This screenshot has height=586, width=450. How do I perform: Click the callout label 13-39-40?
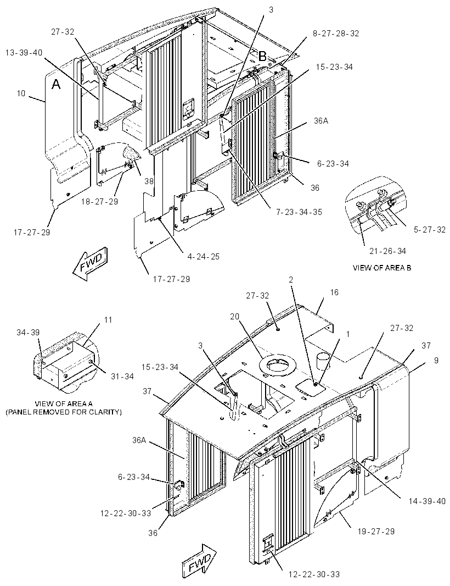coord(24,53)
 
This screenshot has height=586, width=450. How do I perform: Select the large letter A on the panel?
coord(55,85)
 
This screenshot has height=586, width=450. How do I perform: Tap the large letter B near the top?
coord(263,57)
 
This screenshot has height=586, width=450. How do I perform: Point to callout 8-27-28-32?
coord(335,34)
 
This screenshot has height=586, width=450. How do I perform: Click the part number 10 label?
coord(21,93)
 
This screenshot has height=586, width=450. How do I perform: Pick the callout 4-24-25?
coord(203,256)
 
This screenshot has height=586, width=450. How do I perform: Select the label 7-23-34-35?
coord(299,212)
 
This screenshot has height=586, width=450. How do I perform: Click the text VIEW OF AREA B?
coord(382,268)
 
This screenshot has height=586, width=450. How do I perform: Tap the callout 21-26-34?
coord(387,251)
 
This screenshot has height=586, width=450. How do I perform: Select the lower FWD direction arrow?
coord(200,562)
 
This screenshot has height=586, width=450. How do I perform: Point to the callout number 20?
coord(234,317)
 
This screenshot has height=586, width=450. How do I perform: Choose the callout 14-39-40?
coord(427,501)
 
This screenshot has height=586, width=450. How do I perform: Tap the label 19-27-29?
coord(376,531)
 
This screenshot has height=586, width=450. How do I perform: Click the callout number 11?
coord(108,320)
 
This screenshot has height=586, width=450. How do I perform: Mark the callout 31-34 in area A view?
coord(122,377)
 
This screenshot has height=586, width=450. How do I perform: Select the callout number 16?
coord(334,292)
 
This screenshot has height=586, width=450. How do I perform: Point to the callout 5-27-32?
coord(430,229)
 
